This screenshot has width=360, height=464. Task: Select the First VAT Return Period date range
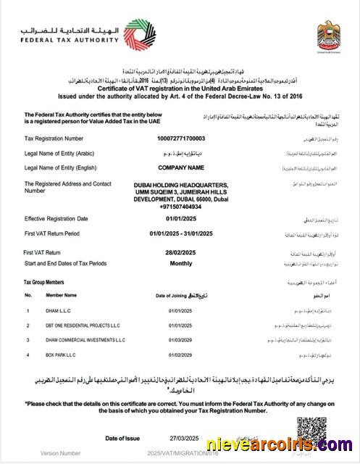(181, 233)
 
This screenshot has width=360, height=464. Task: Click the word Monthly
(181, 262)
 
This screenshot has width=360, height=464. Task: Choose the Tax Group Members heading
(43, 281)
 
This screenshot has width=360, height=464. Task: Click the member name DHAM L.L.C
(61, 311)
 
